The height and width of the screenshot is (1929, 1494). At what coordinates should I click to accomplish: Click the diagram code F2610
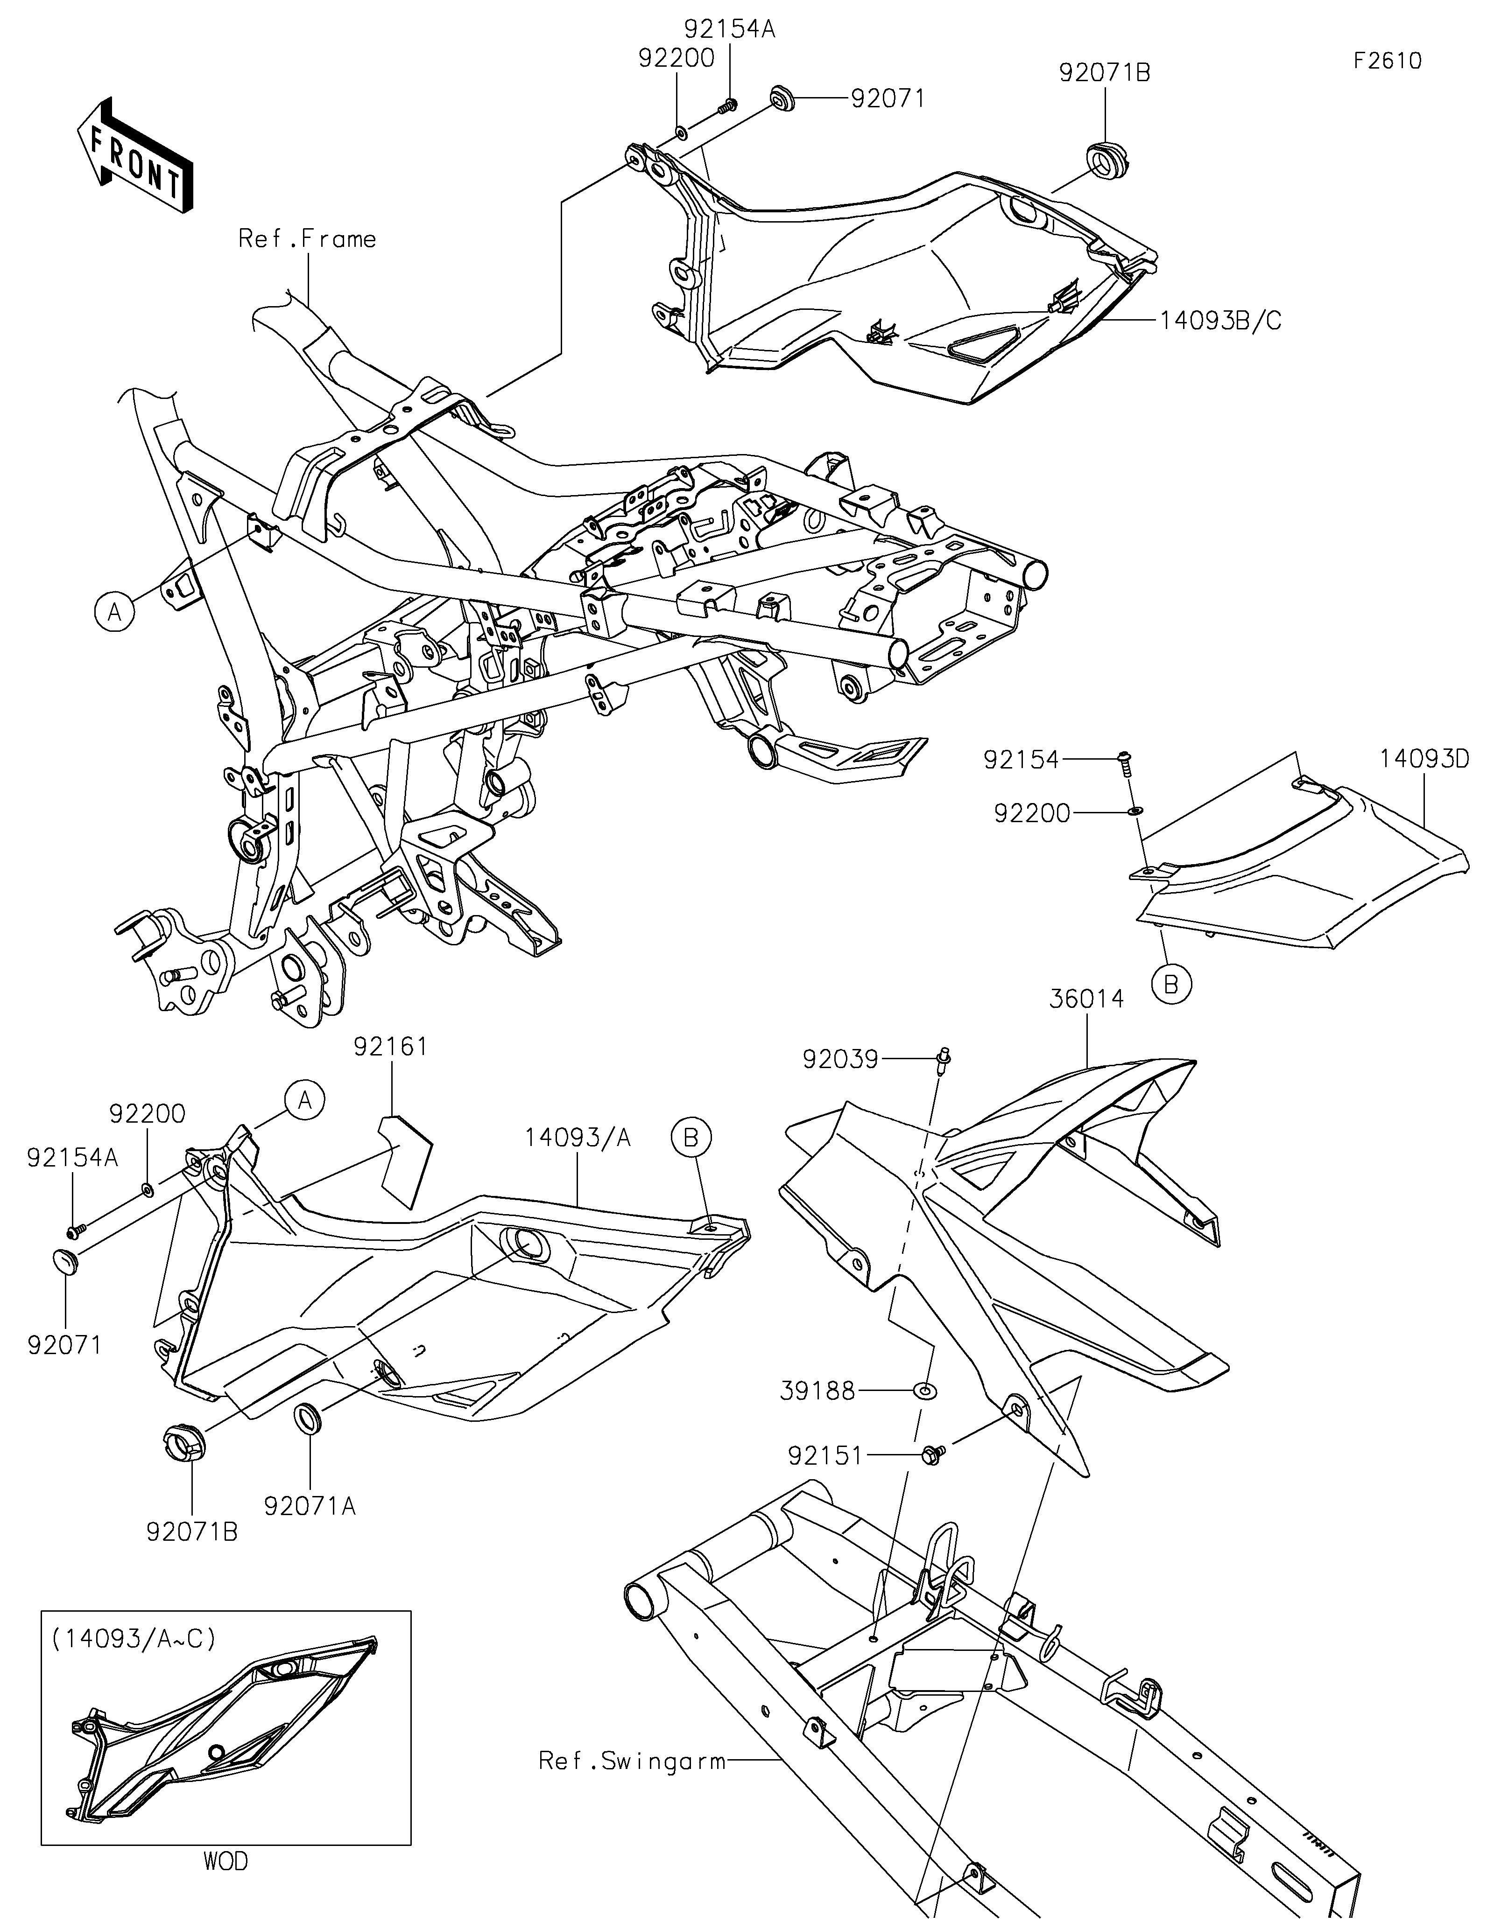tap(1387, 61)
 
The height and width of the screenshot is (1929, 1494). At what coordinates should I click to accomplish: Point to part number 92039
tap(840, 1058)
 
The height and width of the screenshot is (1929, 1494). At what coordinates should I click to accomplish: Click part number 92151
tap(825, 1455)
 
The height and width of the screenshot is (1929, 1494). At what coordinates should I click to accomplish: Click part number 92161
tap(390, 1047)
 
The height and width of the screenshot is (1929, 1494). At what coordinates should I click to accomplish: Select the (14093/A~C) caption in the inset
tap(134, 1638)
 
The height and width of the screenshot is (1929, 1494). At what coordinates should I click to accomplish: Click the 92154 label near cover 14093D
tap(1022, 759)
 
